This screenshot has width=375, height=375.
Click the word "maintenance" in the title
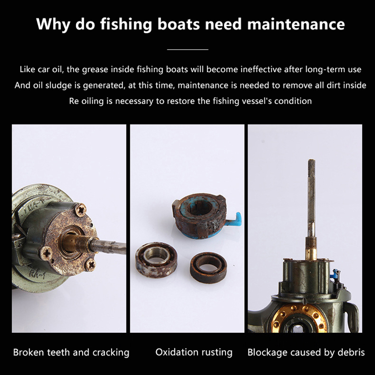[x=296, y=24]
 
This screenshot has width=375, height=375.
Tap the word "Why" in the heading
[x=53, y=24]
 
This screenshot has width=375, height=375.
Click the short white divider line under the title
[x=187, y=50]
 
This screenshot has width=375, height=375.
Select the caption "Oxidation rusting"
[x=194, y=352]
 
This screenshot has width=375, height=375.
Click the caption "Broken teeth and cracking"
[x=71, y=352]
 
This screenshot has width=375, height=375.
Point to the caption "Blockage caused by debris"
[x=306, y=352]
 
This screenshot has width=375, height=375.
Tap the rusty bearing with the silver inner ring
[x=157, y=260]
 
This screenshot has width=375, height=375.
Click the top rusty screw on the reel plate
[x=80, y=209]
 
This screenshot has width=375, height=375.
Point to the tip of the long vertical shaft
[x=311, y=160]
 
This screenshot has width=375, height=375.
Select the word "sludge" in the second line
[x=59, y=85]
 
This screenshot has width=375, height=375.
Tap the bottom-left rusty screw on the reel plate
[x=46, y=253]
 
